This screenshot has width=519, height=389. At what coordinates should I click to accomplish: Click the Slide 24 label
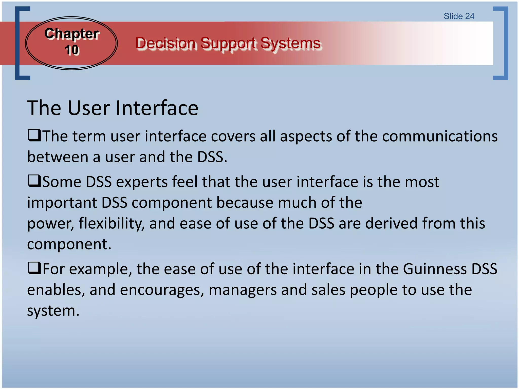[x=459, y=16]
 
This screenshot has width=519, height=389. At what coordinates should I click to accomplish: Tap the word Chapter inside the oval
[x=72, y=34]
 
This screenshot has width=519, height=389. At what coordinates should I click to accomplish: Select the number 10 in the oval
[x=72, y=50]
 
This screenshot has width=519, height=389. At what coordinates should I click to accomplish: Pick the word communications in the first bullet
[x=440, y=137]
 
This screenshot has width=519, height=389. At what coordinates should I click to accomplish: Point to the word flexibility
[x=112, y=224]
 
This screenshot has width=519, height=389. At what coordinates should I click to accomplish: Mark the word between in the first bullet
[x=58, y=157]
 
